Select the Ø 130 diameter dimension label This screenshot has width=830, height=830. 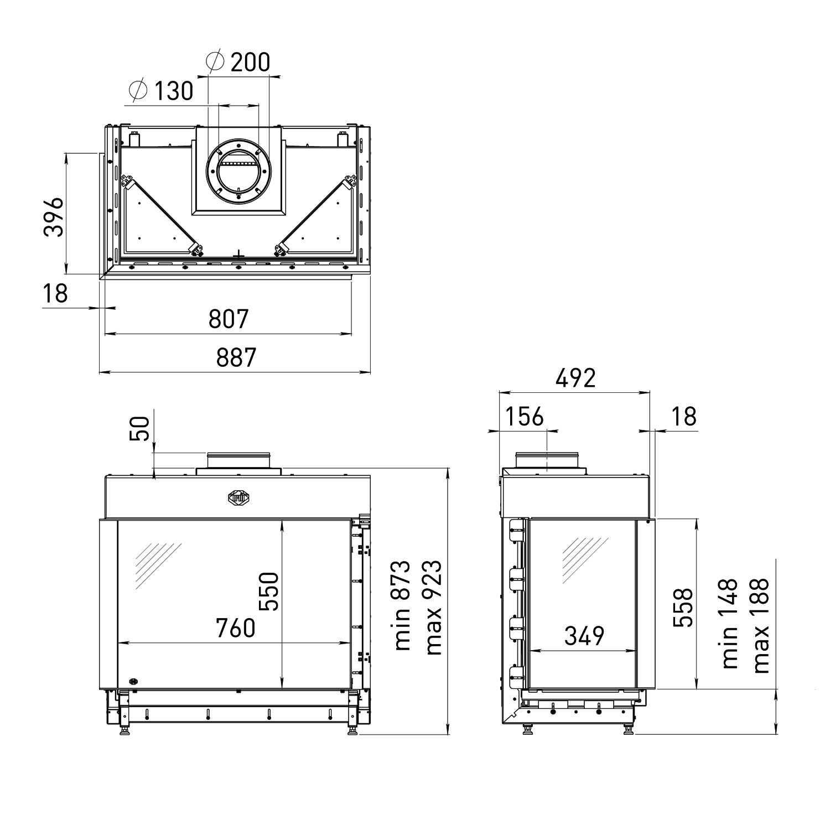tap(160, 91)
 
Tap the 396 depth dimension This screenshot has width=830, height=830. tap(54, 216)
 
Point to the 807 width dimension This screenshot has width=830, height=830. tap(229, 319)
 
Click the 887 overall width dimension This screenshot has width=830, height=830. tap(236, 357)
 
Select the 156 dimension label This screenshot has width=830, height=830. tap(525, 416)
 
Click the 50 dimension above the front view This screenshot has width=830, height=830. tap(142, 428)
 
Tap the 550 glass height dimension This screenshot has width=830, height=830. tap(271, 591)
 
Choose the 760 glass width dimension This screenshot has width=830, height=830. tap(235, 628)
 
